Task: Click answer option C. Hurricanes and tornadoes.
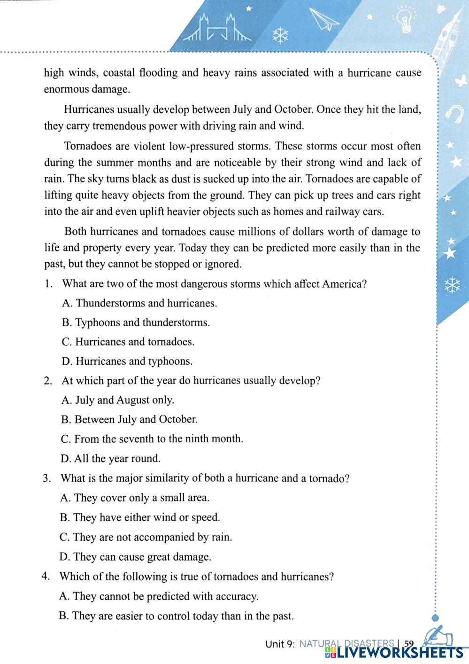click(x=128, y=342)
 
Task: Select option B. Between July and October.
click(x=129, y=420)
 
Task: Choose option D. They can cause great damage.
click(x=135, y=557)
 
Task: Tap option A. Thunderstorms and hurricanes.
click(x=139, y=303)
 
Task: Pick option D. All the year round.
click(x=111, y=459)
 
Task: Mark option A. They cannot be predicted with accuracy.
click(x=159, y=597)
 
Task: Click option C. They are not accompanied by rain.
click(x=146, y=538)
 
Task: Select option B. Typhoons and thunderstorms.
click(x=136, y=323)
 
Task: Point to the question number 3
click(x=46, y=479)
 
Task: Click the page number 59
click(x=409, y=644)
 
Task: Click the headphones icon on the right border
click(x=453, y=113)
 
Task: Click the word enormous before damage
click(x=66, y=89)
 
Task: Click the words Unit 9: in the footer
click(x=280, y=644)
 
